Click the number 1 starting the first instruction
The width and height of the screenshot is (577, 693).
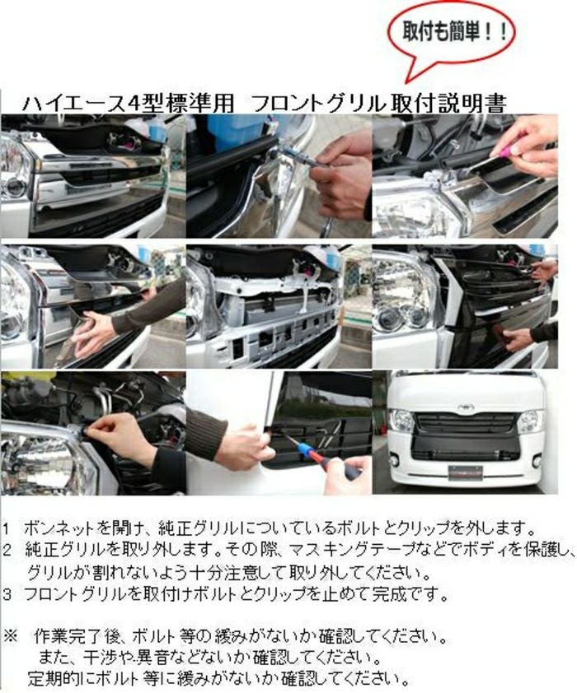(7, 528)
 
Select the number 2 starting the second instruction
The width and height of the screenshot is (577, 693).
(7, 551)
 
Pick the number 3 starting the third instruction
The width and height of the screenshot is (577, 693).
(7, 595)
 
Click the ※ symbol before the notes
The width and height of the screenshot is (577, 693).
(10, 638)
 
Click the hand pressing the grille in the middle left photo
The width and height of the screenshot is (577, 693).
(91, 333)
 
